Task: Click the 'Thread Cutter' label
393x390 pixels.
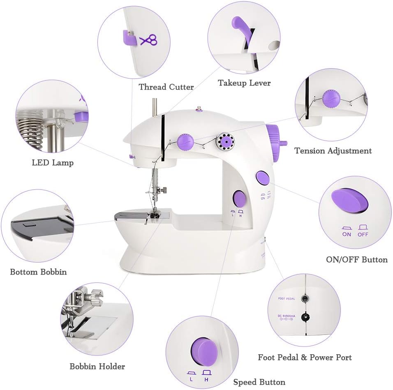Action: pyautogui.click(x=166, y=87)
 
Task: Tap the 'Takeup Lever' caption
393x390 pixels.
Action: pyautogui.click(x=244, y=83)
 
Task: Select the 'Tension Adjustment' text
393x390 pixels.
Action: pyautogui.click(x=333, y=151)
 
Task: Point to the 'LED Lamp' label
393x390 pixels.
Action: pyautogui.click(x=53, y=163)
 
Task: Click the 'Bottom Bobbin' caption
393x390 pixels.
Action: pyautogui.click(x=38, y=272)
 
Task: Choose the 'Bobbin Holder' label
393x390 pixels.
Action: pyautogui.click(x=97, y=366)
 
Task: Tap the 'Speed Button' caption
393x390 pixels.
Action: pyautogui.click(x=259, y=382)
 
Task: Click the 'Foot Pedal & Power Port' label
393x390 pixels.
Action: pyautogui.click(x=305, y=357)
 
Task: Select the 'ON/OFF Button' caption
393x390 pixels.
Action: pyautogui.click(x=357, y=259)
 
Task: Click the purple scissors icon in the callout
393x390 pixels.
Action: pyautogui.click(x=149, y=40)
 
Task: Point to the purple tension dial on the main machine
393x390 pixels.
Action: pyautogui.click(x=186, y=141)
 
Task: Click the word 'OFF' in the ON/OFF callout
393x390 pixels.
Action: pyautogui.click(x=363, y=234)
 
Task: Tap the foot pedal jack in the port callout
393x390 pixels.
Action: pyautogui.click(x=305, y=299)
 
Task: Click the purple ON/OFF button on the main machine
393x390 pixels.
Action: pyautogui.click(x=263, y=178)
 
